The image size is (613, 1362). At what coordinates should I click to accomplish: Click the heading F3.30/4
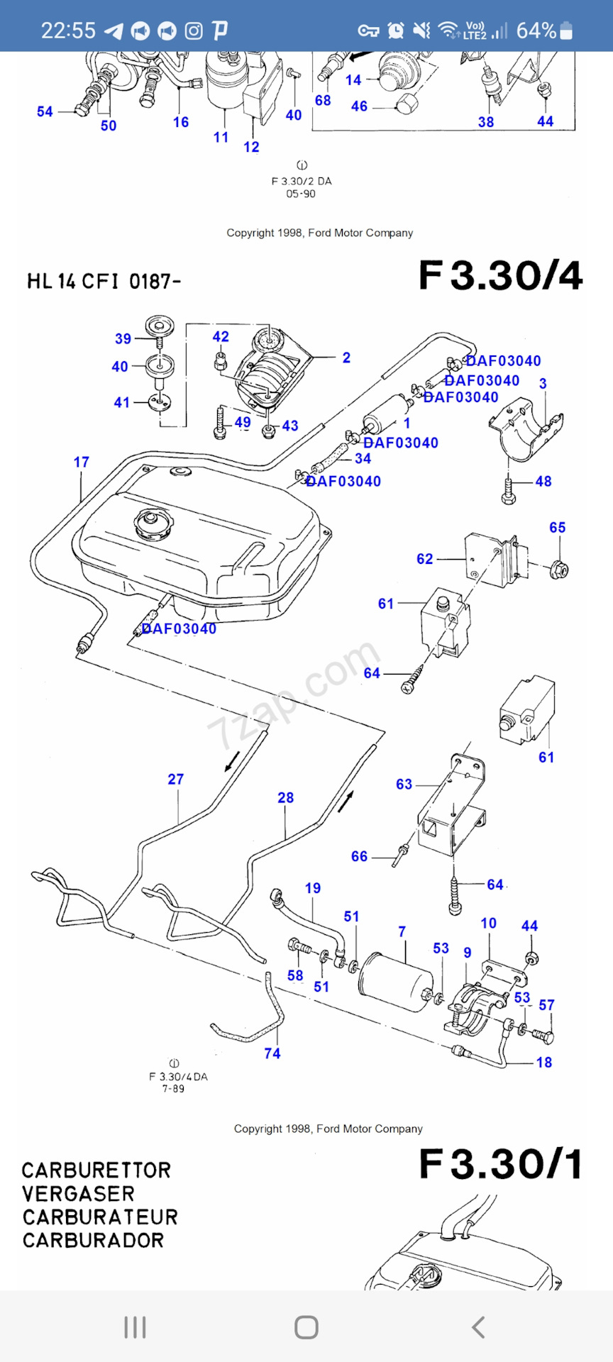click(501, 275)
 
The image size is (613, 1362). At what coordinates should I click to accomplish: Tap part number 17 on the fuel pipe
click(82, 463)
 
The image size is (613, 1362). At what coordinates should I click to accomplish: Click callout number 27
click(176, 779)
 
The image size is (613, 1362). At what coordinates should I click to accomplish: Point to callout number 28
click(286, 797)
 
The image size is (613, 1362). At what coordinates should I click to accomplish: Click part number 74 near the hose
click(272, 1053)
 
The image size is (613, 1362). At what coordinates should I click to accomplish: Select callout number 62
click(425, 559)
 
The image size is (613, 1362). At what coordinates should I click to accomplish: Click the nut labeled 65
click(559, 568)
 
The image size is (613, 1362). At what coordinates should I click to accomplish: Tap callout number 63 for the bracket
click(404, 784)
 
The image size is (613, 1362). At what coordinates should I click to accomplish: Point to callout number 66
click(360, 857)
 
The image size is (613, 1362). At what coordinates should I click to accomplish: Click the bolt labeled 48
click(509, 489)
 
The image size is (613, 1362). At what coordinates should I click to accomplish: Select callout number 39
click(123, 339)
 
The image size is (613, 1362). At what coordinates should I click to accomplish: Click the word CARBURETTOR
click(96, 1170)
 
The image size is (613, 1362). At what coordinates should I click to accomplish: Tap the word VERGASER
click(78, 1194)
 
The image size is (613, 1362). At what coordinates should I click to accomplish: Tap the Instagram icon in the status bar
click(194, 31)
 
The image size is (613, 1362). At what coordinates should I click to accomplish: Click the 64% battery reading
click(536, 31)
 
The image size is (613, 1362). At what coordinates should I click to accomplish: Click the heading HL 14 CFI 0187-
click(104, 282)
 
